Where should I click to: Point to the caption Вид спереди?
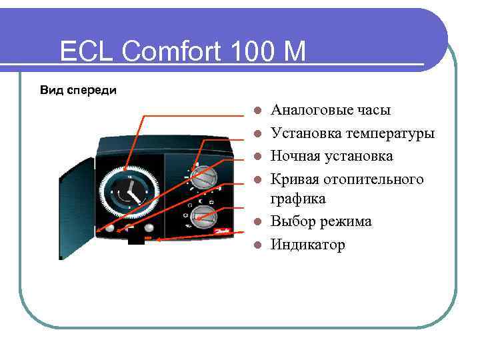(77, 90)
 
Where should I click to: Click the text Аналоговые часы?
(331, 110)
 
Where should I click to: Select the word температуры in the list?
(389, 133)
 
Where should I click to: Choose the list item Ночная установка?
(332, 156)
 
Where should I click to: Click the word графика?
(297, 199)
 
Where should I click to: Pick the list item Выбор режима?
(321, 221)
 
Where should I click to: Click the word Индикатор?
(308, 245)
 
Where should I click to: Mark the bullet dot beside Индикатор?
(257, 245)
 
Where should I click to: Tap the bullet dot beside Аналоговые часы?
(257, 111)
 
